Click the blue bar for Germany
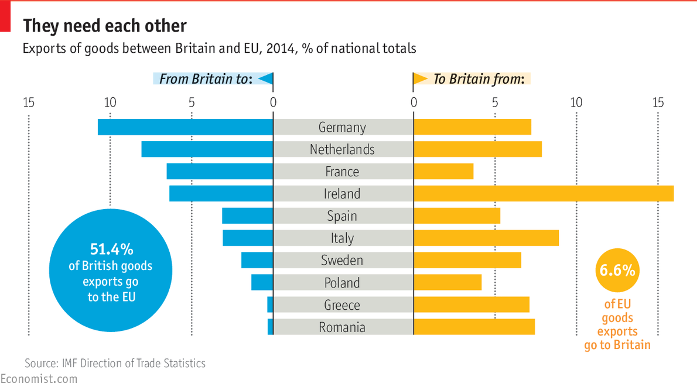185,127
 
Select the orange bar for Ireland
543,194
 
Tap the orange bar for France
443,172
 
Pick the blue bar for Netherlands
207,149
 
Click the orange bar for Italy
486,238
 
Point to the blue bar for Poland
262,283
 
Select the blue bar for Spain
247,216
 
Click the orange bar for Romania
474,327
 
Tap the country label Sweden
342,261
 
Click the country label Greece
342,305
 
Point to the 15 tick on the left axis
29,103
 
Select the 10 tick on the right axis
576,103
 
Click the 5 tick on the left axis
192,103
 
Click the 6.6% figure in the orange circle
617,271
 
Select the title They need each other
104,26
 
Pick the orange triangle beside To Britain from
421,79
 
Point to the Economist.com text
39,379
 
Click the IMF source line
115,363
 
